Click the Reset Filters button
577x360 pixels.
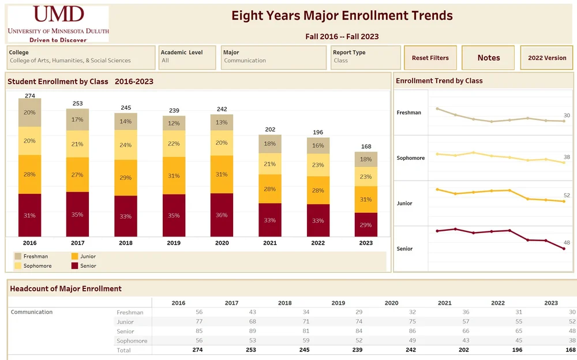tap(430, 58)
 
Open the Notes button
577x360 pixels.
tap(489, 58)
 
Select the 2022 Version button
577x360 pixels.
tap(547, 58)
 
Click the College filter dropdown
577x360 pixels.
tap(81, 58)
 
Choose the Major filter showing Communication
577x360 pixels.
tap(274, 58)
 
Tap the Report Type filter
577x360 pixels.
tap(366, 58)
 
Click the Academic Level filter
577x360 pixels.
tap(188, 58)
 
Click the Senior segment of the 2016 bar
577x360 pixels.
tap(29, 215)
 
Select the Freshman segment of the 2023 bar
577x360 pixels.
tap(366, 159)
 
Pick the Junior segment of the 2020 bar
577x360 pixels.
tap(222, 174)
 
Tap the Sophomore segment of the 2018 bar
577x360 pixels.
tap(126, 145)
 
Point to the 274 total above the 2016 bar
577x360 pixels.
tap(30, 96)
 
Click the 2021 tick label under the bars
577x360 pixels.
tap(270, 243)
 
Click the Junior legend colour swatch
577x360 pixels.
tap(74, 256)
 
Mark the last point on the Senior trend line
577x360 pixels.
tap(564, 249)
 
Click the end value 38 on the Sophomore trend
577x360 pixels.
tap(567, 157)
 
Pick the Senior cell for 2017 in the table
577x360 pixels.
tap(231, 331)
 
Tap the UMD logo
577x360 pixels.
tap(58, 23)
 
